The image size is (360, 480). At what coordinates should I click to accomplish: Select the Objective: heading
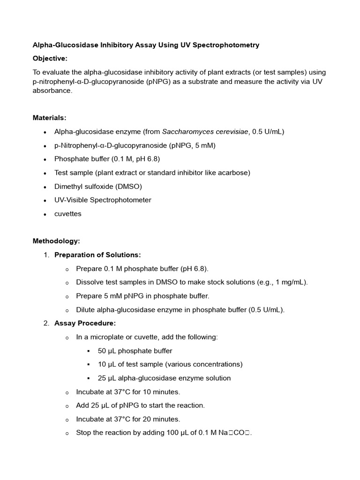coord(50,59)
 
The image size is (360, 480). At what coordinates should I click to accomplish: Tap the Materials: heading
coord(49,118)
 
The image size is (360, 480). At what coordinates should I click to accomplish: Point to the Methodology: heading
coord(56,241)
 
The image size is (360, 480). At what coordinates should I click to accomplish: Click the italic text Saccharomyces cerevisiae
coord(205,132)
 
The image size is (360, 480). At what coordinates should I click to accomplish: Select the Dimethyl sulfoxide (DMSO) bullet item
coord(98,187)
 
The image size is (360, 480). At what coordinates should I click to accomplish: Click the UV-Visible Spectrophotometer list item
coord(103,200)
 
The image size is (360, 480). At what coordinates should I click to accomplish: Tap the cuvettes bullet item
coord(67,214)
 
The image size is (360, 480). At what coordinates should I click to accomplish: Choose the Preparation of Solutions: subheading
coord(97,255)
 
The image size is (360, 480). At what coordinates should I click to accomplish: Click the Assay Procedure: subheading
coord(85,323)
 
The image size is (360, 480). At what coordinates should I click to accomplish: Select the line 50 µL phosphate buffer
coord(135,351)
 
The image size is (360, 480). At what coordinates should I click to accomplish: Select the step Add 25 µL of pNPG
coord(140,405)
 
